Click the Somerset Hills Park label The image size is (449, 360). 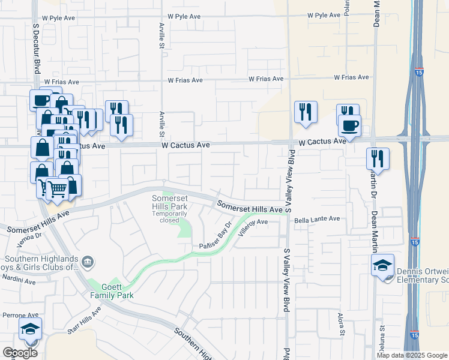point(169,202)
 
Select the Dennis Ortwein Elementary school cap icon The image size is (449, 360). point(382,266)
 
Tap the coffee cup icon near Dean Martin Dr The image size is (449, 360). point(349,127)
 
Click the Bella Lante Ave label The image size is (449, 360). point(318,220)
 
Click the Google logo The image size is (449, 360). point(20,352)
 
